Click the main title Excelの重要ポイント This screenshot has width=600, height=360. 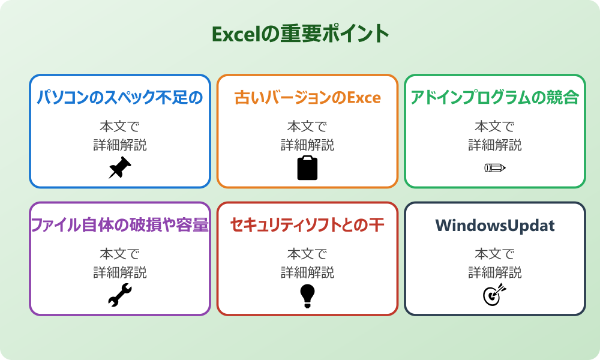point(300,34)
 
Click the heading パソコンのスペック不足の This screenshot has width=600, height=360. point(119,98)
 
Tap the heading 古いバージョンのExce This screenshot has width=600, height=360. point(307,98)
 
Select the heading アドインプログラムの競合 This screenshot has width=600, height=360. point(494,98)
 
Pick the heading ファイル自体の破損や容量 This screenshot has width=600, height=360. point(119,225)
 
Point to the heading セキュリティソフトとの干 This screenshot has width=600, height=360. point(307,225)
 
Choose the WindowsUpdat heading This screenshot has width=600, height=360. point(494,226)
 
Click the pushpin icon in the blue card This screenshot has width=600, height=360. point(119,168)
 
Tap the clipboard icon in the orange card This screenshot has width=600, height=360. point(307,168)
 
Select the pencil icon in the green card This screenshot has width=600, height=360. point(494,167)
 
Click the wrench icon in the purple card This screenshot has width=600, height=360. point(119,295)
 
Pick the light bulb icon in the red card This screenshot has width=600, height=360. point(307,295)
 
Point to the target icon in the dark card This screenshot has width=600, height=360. point(494,295)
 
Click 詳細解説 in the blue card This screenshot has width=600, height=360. point(119,145)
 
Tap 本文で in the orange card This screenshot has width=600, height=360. point(307,127)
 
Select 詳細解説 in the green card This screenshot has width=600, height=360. point(494,145)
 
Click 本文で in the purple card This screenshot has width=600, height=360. point(119,254)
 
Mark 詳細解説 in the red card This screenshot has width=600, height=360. point(307,272)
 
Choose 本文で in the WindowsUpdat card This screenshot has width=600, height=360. point(494,254)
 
